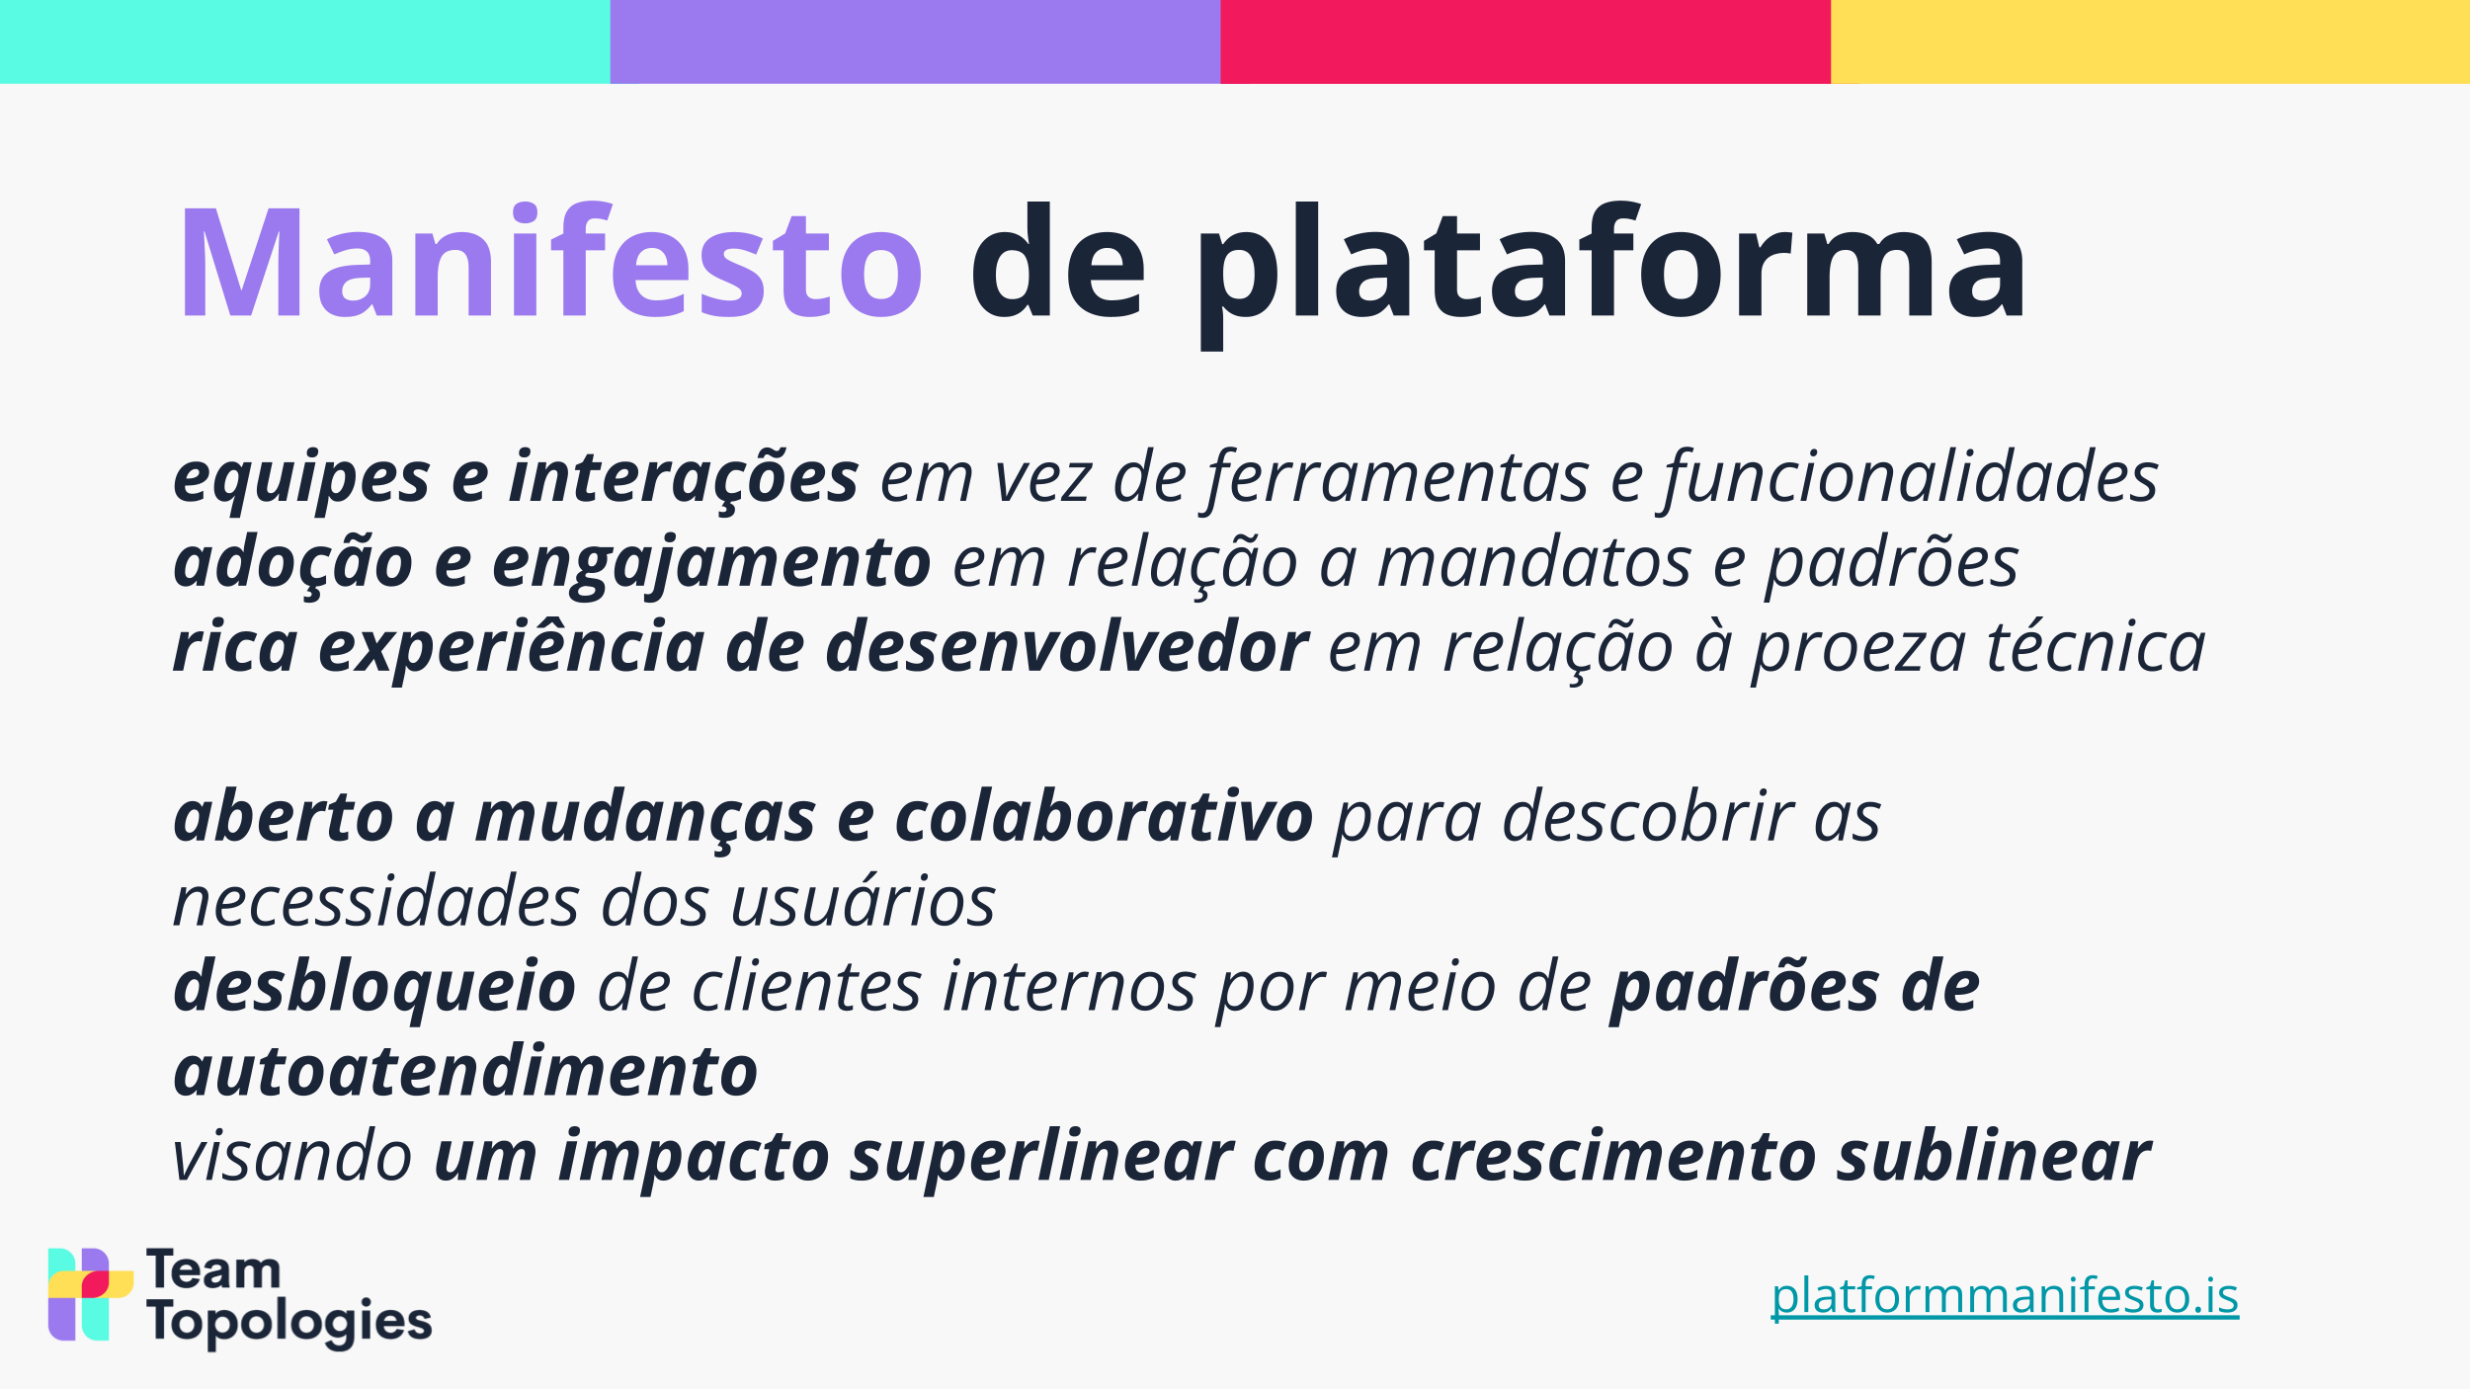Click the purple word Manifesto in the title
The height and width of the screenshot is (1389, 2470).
point(550,261)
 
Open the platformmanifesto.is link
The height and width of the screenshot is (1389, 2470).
point(2005,1295)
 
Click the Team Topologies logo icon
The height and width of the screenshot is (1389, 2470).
point(90,1294)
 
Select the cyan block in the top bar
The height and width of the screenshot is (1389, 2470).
point(305,41)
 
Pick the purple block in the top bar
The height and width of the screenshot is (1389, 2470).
point(916,41)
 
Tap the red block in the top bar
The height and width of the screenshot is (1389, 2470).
point(1525,41)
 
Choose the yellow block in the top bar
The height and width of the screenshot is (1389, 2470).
point(2150,41)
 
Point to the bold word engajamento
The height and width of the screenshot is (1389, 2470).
point(711,564)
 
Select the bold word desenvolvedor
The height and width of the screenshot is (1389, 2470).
point(1067,647)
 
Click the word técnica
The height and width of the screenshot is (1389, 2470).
point(2096,647)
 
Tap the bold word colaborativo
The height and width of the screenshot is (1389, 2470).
point(1104,817)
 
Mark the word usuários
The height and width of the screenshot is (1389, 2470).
point(864,902)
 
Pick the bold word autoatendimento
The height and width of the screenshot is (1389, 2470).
point(465,1072)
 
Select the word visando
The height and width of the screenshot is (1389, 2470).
point(292,1157)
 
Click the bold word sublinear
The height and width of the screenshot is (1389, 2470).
point(1994,1157)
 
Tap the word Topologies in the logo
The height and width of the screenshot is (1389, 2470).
point(289,1322)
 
